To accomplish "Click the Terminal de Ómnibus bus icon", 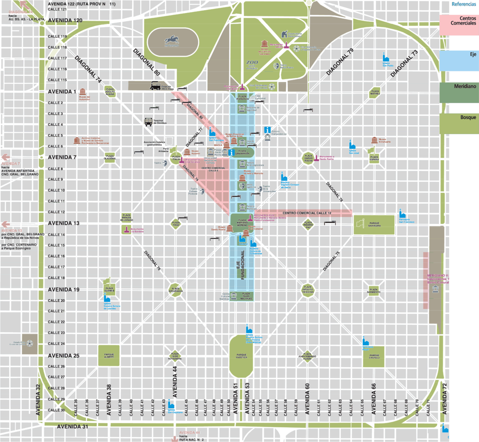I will point(149,122).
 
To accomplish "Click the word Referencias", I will point(464,4).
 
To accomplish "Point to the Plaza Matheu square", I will point(374,93).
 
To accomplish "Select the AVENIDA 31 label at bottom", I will point(72,426).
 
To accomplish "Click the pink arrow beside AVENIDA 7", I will point(6,157).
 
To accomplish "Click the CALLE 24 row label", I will point(56,344).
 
